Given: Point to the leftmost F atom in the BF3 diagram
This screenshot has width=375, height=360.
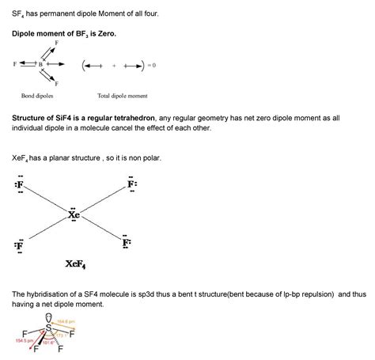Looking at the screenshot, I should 13,64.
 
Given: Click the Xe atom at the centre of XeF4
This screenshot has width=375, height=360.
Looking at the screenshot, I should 74,214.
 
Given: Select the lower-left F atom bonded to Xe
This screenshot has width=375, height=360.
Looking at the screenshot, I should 19,245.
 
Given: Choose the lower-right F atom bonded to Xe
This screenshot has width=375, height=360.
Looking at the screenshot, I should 127,243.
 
